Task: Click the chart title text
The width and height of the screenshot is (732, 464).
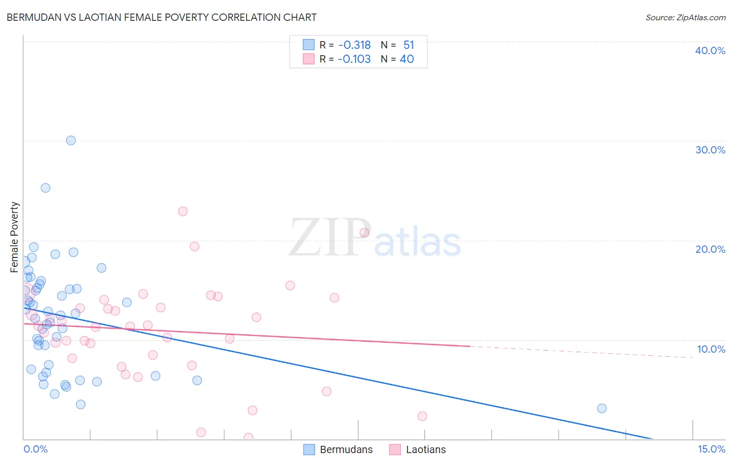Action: [x=161, y=17]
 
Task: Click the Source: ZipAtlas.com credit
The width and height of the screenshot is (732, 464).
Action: [x=685, y=17]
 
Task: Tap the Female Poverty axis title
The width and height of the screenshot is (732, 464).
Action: [x=15, y=237]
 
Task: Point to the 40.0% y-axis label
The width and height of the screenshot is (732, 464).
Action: [x=710, y=50]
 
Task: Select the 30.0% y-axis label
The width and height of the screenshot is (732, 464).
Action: [x=710, y=150]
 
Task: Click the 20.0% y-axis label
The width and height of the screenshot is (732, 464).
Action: [x=710, y=249]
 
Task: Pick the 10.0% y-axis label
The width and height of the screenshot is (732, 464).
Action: [x=710, y=349]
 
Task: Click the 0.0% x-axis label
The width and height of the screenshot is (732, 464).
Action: [x=35, y=449]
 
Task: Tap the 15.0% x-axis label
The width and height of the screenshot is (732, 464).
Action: [x=711, y=449]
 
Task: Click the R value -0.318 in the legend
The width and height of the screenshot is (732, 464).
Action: [x=355, y=45]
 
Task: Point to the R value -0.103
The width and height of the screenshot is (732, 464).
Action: [x=354, y=59]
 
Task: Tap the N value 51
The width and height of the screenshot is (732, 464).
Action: [x=409, y=45]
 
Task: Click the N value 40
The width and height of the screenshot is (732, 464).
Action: [x=407, y=59]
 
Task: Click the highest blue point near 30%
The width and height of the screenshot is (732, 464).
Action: [x=71, y=140]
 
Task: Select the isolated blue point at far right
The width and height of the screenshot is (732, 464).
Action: [x=602, y=408]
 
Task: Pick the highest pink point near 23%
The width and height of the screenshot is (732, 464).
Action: [x=183, y=211]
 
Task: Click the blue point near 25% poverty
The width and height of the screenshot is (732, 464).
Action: [x=45, y=188]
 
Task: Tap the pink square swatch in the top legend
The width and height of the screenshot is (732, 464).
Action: [x=309, y=59]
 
